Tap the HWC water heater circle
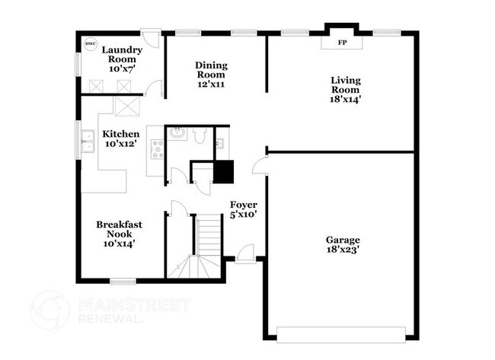(90, 43)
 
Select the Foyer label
(244, 205)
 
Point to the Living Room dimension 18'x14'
(345, 98)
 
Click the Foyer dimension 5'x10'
(244, 215)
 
